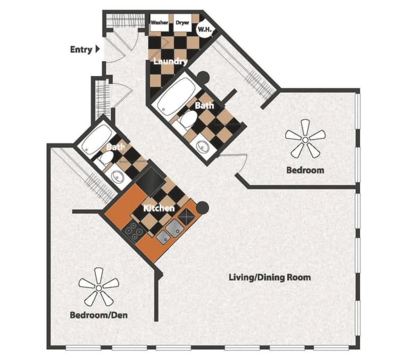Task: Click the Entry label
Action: (81, 50)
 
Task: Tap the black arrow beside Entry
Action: (97, 50)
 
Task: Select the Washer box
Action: (160, 23)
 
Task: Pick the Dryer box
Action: (182, 23)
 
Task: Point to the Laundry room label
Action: (170, 62)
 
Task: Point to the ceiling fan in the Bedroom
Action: (305, 138)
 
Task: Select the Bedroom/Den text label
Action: (98, 315)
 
